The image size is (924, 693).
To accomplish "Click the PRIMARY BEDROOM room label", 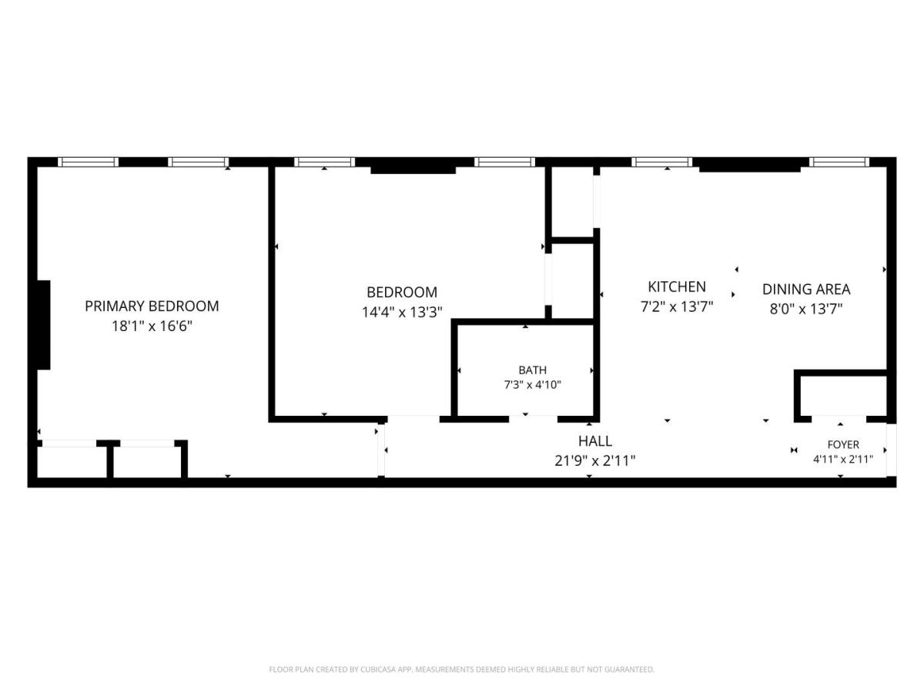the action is click(152, 306).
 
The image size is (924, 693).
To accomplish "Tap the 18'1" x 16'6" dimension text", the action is click(152, 326).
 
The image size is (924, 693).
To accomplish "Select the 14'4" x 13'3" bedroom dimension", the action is click(402, 312).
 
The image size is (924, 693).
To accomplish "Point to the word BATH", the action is click(533, 370).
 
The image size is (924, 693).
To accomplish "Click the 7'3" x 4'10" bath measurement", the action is click(533, 384).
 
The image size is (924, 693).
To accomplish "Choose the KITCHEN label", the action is click(677, 286).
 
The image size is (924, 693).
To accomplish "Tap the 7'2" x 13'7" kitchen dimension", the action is click(677, 306).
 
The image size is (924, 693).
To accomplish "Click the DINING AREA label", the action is click(806, 289).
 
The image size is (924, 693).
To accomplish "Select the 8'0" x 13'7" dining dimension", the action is click(806, 309).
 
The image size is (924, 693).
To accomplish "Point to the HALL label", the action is click(594, 441).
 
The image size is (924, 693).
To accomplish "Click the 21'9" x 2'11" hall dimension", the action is click(594, 460).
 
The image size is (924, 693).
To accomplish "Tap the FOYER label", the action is click(843, 444).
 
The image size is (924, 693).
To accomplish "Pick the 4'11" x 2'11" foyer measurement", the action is click(843, 459).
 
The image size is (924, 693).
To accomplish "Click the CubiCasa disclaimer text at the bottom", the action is click(462, 669).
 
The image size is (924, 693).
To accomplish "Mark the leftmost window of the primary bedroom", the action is click(88, 162).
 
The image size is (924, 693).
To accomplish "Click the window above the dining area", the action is click(839, 162).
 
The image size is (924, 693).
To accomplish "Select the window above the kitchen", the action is click(661, 162).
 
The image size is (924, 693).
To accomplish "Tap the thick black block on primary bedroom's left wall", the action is click(44, 325).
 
